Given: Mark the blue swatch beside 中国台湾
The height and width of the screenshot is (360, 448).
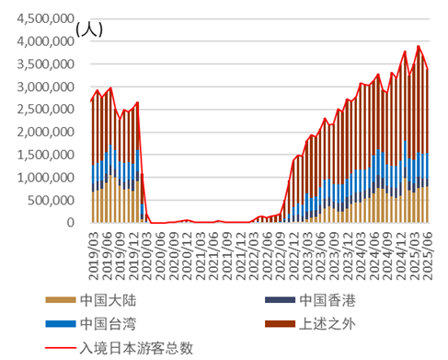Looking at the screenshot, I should (60, 323).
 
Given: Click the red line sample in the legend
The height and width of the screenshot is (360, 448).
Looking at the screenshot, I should (60, 347).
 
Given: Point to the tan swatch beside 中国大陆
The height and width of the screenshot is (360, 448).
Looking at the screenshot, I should (60, 300).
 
